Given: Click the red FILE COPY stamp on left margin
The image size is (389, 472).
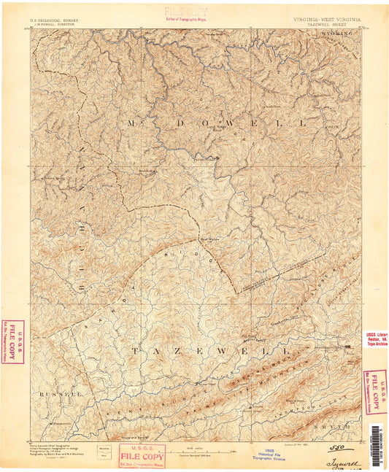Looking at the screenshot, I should tap(12, 341).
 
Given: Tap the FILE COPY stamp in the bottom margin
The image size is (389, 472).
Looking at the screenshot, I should tap(139, 456).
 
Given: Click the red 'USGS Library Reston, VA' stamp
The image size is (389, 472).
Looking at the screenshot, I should tap(377, 340).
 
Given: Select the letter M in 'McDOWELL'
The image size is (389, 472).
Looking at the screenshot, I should tap(132, 123).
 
